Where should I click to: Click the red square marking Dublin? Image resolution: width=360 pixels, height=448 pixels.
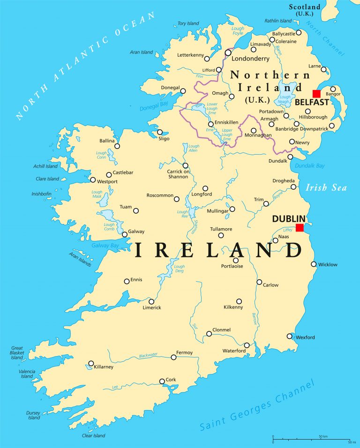point(300,228)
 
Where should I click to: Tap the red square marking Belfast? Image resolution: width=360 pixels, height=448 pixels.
point(316,94)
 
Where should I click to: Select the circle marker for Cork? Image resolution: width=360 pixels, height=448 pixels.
point(162,381)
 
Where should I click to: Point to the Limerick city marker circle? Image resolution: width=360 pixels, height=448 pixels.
point(151,302)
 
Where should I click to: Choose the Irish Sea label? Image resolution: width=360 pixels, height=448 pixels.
point(326,188)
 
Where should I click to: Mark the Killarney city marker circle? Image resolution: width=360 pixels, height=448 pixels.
point(91,363)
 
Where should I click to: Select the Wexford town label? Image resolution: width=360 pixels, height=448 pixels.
point(305,337)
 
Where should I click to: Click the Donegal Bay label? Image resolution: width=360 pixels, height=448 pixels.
point(153,106)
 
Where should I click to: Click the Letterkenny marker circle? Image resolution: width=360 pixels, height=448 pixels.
point(207,59)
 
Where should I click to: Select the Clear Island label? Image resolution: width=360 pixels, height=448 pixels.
point(94,435)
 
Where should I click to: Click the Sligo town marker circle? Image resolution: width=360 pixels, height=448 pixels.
point(160,132)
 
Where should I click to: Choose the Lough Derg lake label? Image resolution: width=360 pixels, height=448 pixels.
point(179,269)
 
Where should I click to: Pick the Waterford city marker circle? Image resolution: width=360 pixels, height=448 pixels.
point(247,345)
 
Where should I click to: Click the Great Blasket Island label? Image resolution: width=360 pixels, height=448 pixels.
point(17,352)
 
